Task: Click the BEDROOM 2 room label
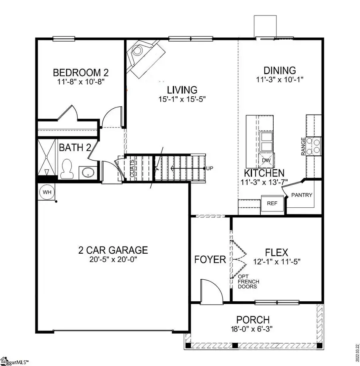(81, 73)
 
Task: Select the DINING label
(280, 70)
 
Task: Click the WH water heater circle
(47, 192)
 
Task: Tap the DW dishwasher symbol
(266, 160)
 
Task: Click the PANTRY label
(302, 195)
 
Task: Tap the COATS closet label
(132, 168)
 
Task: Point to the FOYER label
(210, 259)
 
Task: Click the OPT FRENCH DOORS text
(248, 281)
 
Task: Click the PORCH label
(252, 320)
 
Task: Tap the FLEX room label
(277, 252)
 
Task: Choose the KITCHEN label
(264, 173)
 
